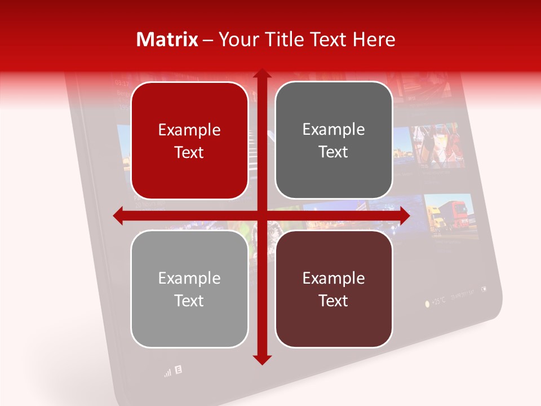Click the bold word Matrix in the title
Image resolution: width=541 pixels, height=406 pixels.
pos(167,39)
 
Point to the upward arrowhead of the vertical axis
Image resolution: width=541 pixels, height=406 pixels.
pos(261,75)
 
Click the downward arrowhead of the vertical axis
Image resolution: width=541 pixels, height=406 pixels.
pos(261,359)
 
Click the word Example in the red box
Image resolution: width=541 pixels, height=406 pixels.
pos(189,130)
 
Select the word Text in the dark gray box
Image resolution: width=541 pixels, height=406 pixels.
pos(334,152)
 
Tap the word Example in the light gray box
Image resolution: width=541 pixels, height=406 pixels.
pos(189,278)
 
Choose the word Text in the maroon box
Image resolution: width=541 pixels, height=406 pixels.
pos(334,301)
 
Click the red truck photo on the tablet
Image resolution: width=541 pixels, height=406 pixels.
pos(449,214)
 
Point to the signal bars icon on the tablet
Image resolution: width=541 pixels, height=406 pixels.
pos(167,373)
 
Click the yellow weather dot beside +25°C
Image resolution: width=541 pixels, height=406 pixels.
pos(427,304)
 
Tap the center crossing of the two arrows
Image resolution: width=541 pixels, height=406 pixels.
pos(261,215)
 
